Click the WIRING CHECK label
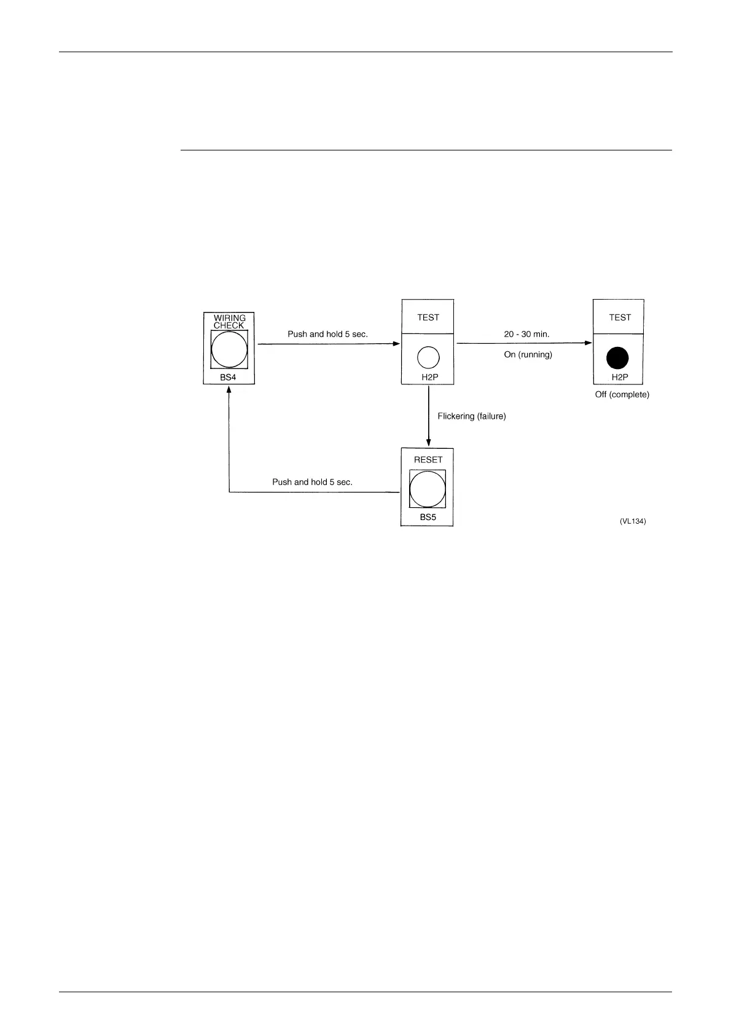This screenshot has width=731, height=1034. pyautogui.click(x=229, y=322)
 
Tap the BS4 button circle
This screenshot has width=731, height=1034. pyautogui.click(x=229, y=349)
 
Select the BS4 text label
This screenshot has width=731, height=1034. pyautogui.click(x=228, y=377)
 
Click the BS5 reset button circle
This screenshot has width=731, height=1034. pyautogui.click(x=428, y=489)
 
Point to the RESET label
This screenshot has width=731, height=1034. pyautogui.click(x=428, y=459)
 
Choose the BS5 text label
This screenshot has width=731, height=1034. pyautogui.click(x=428, y=517)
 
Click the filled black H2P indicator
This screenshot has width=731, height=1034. pyautogui.click(x=618, y=358)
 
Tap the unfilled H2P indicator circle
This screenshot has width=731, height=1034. pyautogui.click(x=428, y=357)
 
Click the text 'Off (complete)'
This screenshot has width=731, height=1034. pyautogui.click(x=622, y=395)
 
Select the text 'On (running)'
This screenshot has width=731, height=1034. pyautogui.click(x=528, y=354)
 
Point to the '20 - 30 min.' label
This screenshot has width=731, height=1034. pyautogui.click(x=526, y=335)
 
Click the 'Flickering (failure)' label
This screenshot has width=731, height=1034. pyautogui.click(x=472, y=416)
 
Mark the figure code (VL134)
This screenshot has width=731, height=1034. pyautogui.click(x=633, y=521)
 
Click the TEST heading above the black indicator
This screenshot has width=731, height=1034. pyautogui.click(x=620, y=317)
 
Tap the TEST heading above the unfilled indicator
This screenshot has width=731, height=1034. pyautogui.click(x=428, y=317)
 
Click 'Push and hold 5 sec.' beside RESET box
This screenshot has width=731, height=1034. pyautogui.click(x=312, y=482)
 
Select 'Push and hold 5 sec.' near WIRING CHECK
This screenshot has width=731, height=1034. pyautogui.click(x=327, y=335)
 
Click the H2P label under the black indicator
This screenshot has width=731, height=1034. pyautogui.click(x=620, y=377)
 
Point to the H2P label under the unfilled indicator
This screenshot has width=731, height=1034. pyautogui.click(x=429, y=377)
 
